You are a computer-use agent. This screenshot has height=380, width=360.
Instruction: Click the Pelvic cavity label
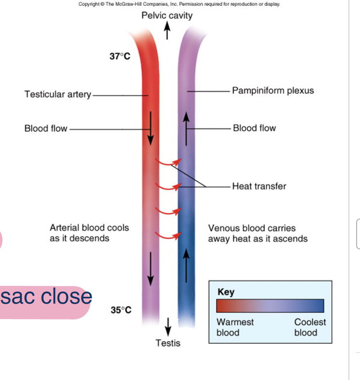click(167, 15)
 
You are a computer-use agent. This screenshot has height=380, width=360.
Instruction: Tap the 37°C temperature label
click(120, 57)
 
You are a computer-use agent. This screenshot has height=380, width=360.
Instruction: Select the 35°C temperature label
click(121, 309)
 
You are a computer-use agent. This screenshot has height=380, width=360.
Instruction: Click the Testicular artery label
click(58, 94)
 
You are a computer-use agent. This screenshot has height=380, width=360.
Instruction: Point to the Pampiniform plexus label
click(273, 90)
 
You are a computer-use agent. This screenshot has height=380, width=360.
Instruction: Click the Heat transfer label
click(259, 186)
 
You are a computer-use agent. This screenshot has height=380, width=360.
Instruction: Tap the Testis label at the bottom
click(168, 343)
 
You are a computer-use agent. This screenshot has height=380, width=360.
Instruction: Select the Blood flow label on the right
click(254, 128)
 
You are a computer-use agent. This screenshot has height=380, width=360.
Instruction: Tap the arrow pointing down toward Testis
click(168, 326)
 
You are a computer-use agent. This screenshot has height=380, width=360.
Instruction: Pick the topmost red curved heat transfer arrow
click(168, 162)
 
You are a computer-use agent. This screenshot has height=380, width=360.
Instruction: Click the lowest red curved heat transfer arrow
click(168, 236)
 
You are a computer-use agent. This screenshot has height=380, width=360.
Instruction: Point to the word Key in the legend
click(226, 292)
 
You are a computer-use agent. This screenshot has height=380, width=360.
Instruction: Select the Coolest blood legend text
click(310, 327)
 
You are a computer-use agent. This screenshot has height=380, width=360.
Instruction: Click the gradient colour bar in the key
click(270, 306)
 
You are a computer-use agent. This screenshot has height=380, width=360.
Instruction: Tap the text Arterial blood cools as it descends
click(90, 233)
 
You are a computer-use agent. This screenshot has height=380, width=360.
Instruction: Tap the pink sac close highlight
click(46, 296)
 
